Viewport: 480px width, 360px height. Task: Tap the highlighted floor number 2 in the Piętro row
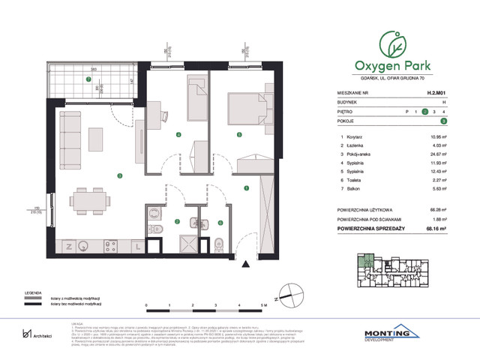pos(424,111)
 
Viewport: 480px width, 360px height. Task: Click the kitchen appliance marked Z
pos(68,245)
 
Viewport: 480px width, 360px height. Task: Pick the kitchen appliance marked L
pos(136,245)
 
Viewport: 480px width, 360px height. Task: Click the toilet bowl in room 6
pos(217,243)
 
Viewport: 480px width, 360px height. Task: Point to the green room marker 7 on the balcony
pos(88,78)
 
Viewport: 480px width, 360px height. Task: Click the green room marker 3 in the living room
pos(119,175)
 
